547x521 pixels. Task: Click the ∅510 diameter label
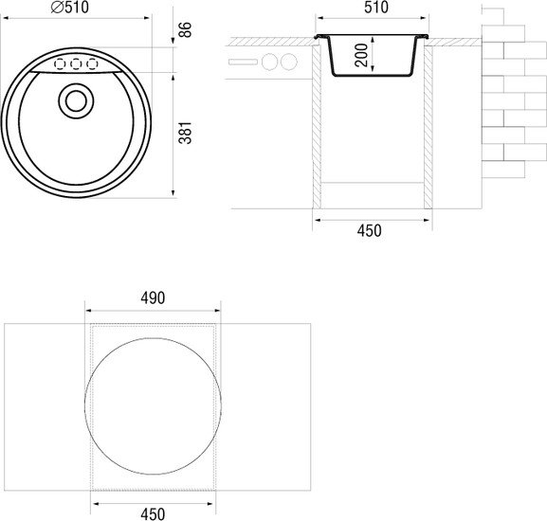point(70,8)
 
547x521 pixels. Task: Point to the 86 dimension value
point(185,29)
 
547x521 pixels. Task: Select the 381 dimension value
point(185,133)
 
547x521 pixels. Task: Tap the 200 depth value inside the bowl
point(361,55)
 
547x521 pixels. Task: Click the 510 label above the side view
point(376,8)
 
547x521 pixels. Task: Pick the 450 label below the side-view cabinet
point(369,231)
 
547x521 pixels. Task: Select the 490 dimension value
point(153,298)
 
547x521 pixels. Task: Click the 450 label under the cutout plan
point(153,514)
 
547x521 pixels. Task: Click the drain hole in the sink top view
point(76,101)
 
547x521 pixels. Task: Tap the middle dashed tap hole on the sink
point(76,64)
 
